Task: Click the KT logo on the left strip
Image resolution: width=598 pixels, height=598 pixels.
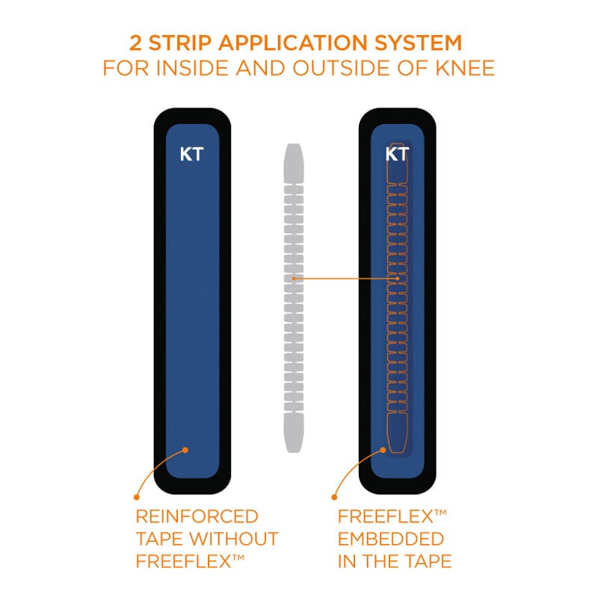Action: [191, 155]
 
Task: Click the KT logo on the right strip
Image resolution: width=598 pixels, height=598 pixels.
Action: [396, 155]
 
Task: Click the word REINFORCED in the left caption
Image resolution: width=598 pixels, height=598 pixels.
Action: [197, 517]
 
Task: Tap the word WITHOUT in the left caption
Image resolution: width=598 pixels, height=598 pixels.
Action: [238, 538]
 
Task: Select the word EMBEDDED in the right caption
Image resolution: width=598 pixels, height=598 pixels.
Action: [390, 538]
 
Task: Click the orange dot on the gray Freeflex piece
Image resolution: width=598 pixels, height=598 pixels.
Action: [295, 279]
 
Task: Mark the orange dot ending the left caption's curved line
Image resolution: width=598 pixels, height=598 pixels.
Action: [136, 496]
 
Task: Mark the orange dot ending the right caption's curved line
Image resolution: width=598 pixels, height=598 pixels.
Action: [335, 496]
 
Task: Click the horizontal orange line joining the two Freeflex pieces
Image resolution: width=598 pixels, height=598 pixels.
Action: [344, 279]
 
